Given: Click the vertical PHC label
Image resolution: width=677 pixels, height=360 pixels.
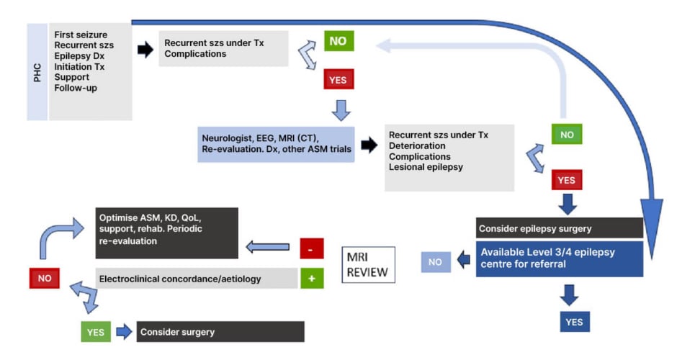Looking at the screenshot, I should point(37,72).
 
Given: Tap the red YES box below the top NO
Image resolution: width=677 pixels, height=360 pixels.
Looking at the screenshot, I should point(338,80).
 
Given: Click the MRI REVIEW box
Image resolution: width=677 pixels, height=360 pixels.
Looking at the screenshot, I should point(368,265).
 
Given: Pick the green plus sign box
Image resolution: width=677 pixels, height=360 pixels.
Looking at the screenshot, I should point(310,278).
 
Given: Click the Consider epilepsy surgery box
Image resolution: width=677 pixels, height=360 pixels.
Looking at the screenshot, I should point(559,228).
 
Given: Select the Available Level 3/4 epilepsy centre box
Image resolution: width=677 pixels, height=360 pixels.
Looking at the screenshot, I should point(559,258).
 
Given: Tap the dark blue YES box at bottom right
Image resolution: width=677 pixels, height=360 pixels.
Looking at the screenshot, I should point(573,321).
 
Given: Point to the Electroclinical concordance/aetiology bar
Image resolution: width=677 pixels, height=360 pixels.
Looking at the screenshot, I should point(196,278).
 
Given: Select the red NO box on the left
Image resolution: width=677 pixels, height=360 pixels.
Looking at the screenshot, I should point(45,278).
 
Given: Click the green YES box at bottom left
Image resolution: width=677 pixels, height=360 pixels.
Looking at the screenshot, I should point(95,332).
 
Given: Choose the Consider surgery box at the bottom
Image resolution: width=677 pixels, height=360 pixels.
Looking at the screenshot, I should point(220,332).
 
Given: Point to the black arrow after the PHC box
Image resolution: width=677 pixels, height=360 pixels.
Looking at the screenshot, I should point(145,51).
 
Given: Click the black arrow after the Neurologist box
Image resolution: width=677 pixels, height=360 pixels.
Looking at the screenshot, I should point(369,145).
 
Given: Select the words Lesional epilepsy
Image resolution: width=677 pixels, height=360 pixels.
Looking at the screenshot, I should point(425,167).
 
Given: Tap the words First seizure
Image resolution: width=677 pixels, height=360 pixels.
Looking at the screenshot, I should point(79,35).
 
